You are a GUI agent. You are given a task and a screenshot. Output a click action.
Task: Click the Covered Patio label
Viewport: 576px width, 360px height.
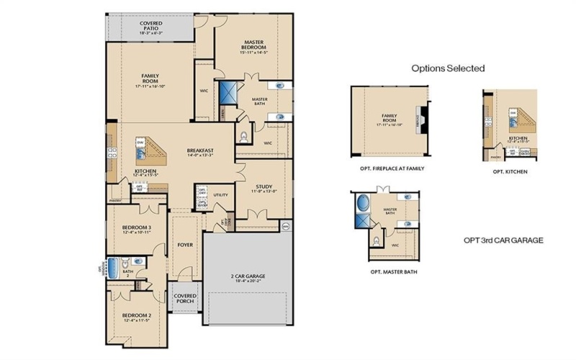150,27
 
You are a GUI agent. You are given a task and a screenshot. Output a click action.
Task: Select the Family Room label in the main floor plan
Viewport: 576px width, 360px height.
150,79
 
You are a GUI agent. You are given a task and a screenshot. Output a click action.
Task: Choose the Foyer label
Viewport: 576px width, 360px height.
186,245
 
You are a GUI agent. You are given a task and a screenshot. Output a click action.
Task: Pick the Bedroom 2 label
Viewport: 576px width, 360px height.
135,318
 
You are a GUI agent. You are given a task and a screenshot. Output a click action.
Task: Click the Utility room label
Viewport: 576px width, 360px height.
220,195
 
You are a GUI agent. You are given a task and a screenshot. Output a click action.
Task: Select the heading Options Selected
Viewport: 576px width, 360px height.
448,68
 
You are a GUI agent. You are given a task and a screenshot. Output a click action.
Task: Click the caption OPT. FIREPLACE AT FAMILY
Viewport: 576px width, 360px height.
392,168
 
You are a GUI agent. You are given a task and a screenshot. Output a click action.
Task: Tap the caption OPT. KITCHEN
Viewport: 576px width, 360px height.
510,173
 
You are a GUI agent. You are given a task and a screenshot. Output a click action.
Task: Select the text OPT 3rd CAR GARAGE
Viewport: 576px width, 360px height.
503,240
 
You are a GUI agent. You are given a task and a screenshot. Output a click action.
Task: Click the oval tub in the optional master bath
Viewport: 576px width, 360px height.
361,201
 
